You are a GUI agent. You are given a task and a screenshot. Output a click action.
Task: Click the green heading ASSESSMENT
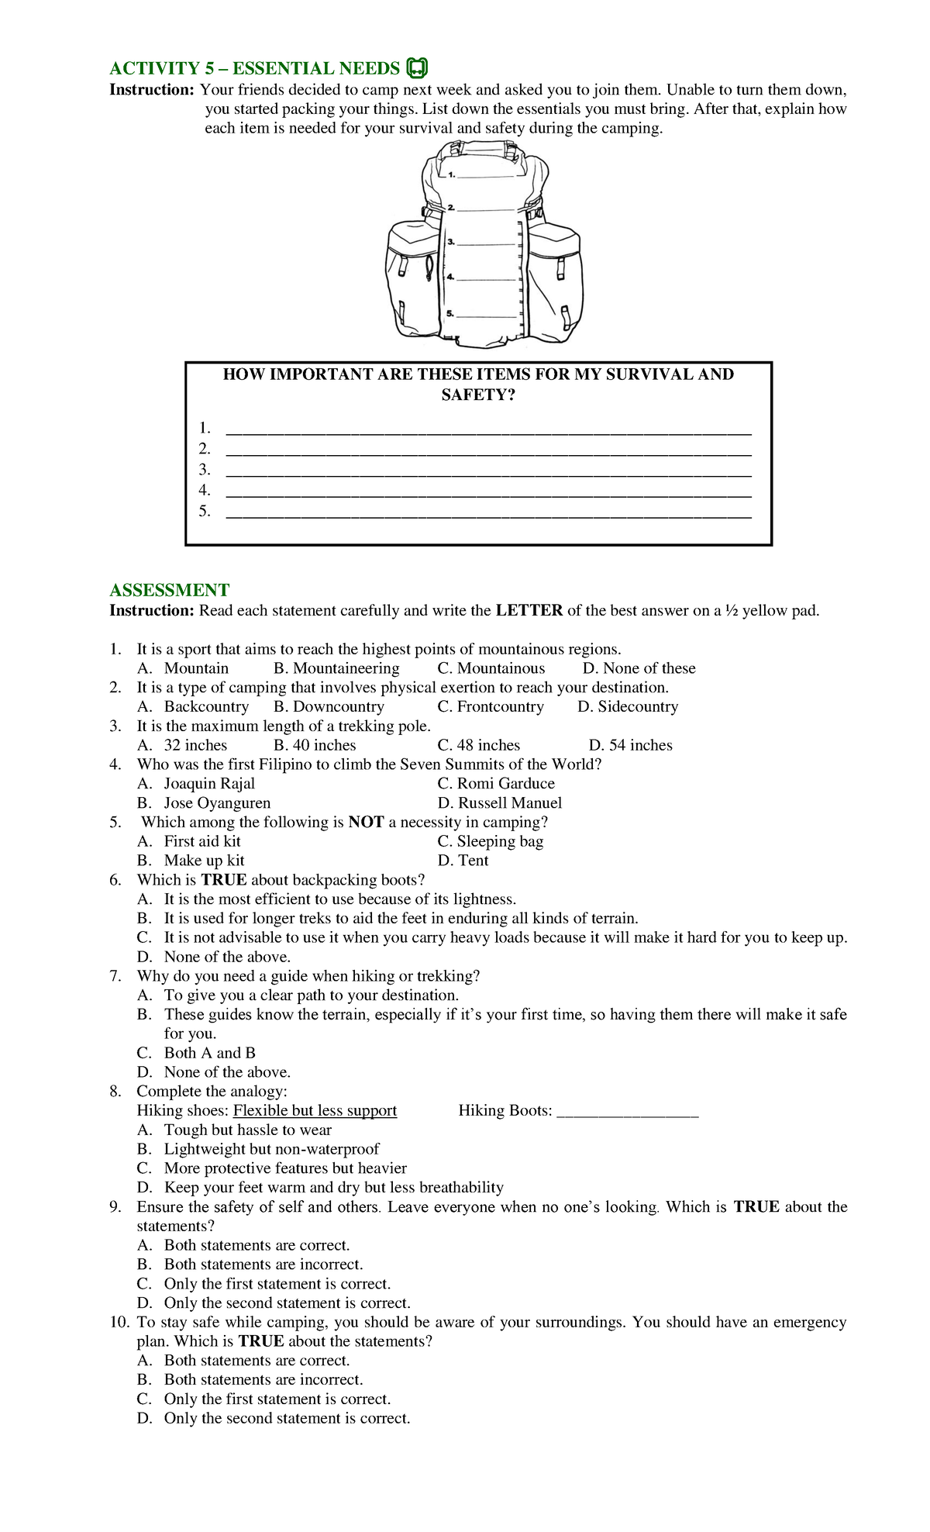169,590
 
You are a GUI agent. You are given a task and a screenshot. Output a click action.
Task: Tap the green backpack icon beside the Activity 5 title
416,68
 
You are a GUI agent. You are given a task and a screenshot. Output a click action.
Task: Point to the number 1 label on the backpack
452,175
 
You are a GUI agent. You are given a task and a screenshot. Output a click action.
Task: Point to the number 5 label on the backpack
450,313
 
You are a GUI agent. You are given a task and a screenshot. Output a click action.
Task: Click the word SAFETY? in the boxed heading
478,395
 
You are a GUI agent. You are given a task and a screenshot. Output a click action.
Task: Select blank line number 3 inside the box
488,471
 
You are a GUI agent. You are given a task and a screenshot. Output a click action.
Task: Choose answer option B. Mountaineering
336,668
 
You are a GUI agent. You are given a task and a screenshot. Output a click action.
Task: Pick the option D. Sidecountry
628,706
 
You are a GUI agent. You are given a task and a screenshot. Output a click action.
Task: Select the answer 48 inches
479,745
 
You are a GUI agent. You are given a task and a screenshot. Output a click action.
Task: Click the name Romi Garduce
496,783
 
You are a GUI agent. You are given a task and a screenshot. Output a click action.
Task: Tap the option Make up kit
203,861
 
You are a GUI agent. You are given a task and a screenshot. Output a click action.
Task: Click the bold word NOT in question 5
366,822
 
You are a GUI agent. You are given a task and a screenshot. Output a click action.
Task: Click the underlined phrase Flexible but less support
315,1110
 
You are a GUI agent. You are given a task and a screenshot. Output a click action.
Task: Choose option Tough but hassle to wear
247,1130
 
